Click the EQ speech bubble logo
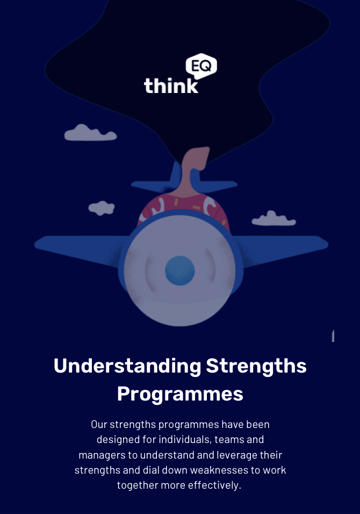click(201, 66)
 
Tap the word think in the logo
click(171, 85)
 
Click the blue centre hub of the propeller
click(180, 270)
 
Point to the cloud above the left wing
click(102, 208)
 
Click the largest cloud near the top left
click(90, 133)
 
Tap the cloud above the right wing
click(273, 219)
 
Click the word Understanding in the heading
click(127, 366)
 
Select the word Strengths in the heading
click(256, 366)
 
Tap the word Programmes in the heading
click(180, 394)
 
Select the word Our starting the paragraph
click(99, 425)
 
